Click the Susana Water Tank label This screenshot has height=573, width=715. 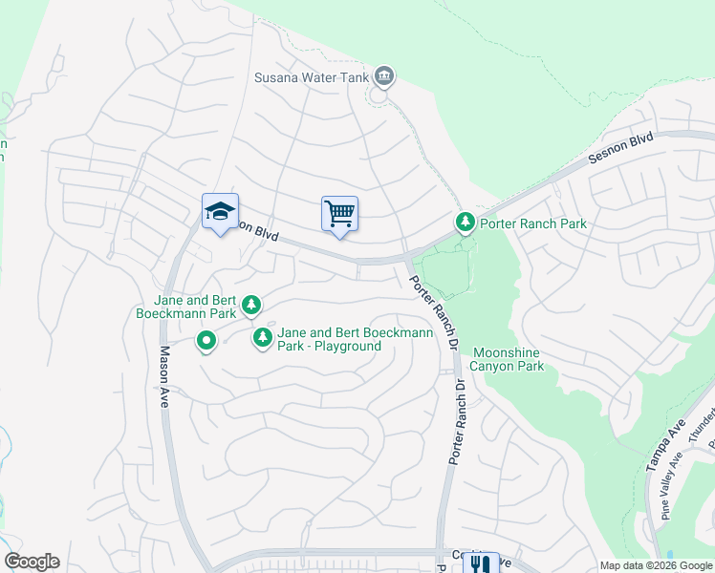coord(312,76)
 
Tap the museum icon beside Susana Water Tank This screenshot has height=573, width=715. coord(384,75)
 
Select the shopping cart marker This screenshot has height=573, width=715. coord(339,213)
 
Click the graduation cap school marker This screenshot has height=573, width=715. coord(220,212)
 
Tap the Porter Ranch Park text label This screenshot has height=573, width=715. coord(533,223)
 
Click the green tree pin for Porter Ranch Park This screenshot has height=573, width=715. coord(466,223)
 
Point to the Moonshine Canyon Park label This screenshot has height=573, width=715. coord(509,359)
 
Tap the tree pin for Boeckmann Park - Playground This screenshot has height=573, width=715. coord(263,338)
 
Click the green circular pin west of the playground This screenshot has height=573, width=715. coord(206,340)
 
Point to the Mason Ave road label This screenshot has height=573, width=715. coord(165,377)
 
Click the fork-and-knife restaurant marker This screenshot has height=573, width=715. coord(480,563)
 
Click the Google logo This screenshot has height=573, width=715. coord(32,562)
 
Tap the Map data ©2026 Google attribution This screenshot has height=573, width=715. coord(657,565)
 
